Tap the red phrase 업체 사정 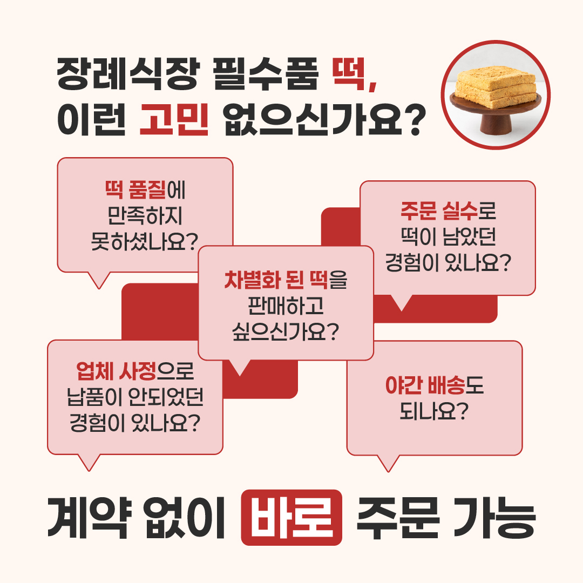tap(117, 371)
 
